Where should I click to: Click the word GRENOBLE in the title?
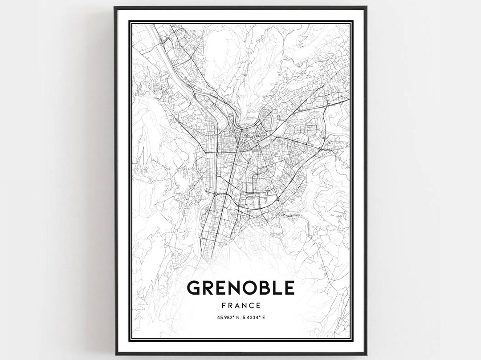click(x=240, y=288)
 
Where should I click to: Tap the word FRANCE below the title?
click(x=240, y=306)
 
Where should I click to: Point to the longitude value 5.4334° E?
click(x=255, y=318)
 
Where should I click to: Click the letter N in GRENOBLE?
click(x=232, y=288)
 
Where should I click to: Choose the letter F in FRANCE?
click(x=223, y=306)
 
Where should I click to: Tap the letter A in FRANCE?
click(x=236, y=306)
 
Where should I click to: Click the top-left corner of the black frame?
click(x=114, y=7)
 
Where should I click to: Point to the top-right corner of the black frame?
click(x=367, y=7)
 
